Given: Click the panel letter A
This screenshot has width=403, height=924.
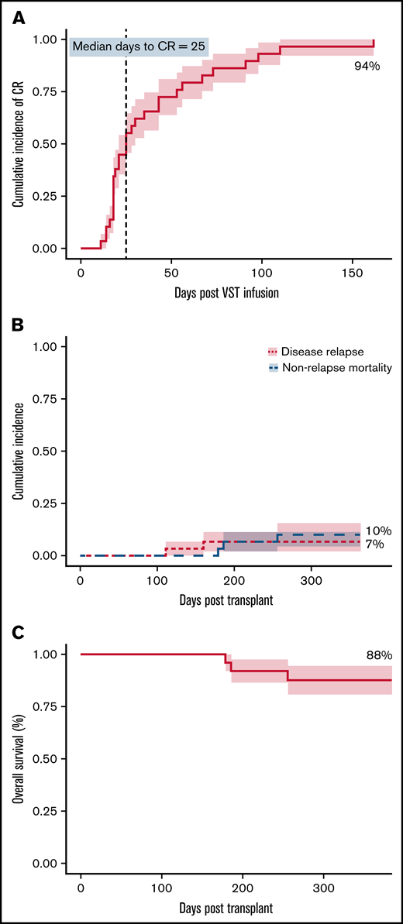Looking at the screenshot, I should [x=17, y=19].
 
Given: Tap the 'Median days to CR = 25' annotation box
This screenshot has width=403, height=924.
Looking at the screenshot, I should [x=138, y=47].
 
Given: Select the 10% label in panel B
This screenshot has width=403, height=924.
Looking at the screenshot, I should [x=379, y=531].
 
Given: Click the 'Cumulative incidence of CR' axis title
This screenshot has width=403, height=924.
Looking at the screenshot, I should [x=16, y=143].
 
